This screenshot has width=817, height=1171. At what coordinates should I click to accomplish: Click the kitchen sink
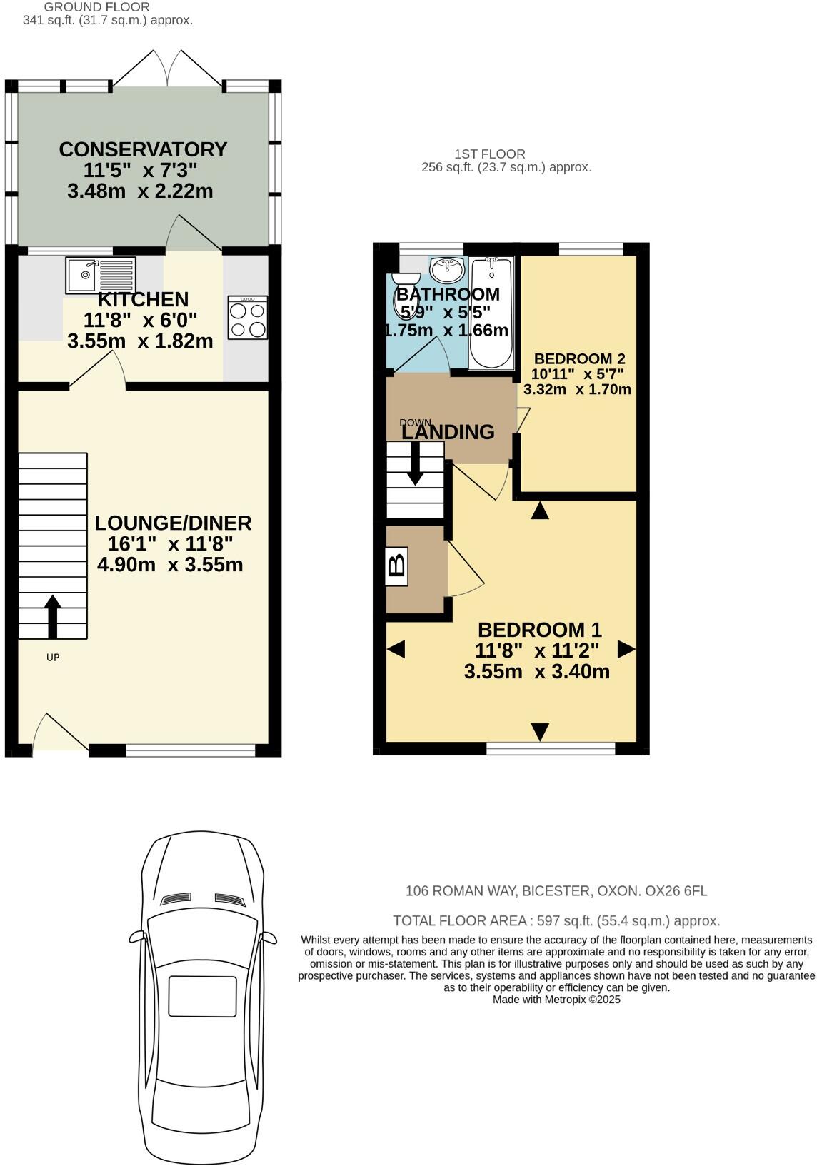[x=100, y=275]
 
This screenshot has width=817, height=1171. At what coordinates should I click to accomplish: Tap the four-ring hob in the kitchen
[x=248, y=318]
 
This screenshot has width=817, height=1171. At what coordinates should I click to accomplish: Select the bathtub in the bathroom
[x=491, y=314]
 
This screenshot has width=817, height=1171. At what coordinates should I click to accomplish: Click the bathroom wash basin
[x=448, y=269]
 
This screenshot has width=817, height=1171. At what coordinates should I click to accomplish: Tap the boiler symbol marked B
[x=396, y=566]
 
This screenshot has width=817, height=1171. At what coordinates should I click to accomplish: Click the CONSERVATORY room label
[x=143, y=149]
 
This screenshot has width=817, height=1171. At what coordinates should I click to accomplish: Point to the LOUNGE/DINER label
[x=173, y=523]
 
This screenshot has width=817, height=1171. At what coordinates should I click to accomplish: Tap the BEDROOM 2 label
[x=579, y=358]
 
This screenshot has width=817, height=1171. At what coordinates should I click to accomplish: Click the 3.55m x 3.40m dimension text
[x=536, y=671]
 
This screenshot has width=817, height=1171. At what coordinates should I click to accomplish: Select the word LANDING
[x=448, y=432]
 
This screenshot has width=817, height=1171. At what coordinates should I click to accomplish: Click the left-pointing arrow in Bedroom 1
[x=396, y=649]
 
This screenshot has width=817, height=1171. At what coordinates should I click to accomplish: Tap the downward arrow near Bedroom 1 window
[x=540, y=731]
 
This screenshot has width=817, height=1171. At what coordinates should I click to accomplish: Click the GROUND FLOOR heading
[x=96, y=7]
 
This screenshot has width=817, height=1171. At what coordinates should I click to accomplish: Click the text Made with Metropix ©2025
[x=556, y=1000]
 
